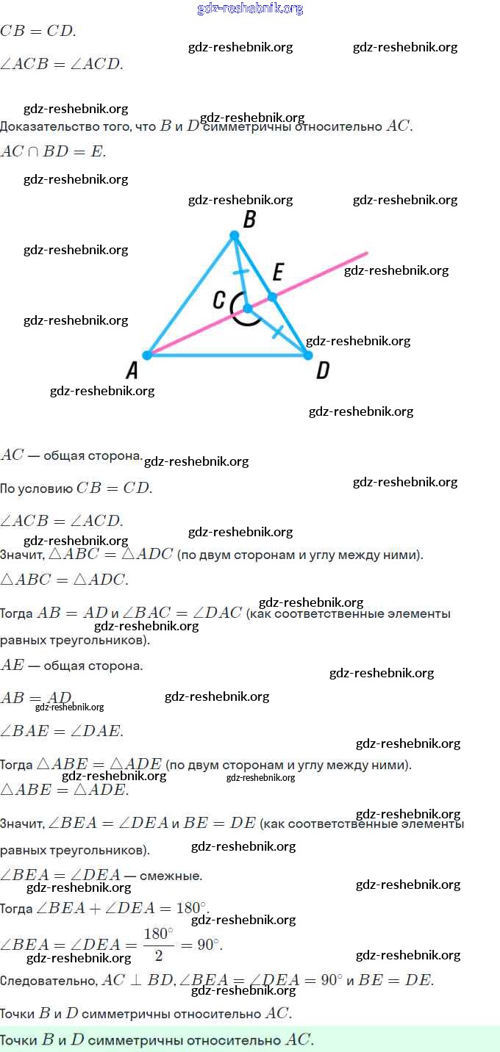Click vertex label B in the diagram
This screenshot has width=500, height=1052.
[249, 220]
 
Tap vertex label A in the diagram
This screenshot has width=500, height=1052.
[132, 370]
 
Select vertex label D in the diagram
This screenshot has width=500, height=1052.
[322, 370]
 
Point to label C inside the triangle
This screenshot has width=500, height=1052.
[218, 300]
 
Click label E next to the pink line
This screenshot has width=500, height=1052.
[277, 273]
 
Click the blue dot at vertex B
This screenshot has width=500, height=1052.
[235, 235]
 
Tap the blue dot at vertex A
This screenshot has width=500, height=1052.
[147, 355]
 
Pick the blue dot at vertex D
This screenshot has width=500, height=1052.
[307, 355]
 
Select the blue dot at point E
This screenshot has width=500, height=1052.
[272, 297]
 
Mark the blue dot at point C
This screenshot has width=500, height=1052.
[247, 309]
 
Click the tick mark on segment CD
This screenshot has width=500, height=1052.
[276, 332]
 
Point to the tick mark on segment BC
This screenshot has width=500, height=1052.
[240, 273]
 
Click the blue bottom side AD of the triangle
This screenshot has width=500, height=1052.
[227, 356]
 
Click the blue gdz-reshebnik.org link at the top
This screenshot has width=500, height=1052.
[250, 9]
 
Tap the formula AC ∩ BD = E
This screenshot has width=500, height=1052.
[53, 152]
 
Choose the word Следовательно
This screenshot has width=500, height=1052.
[49, 981]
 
